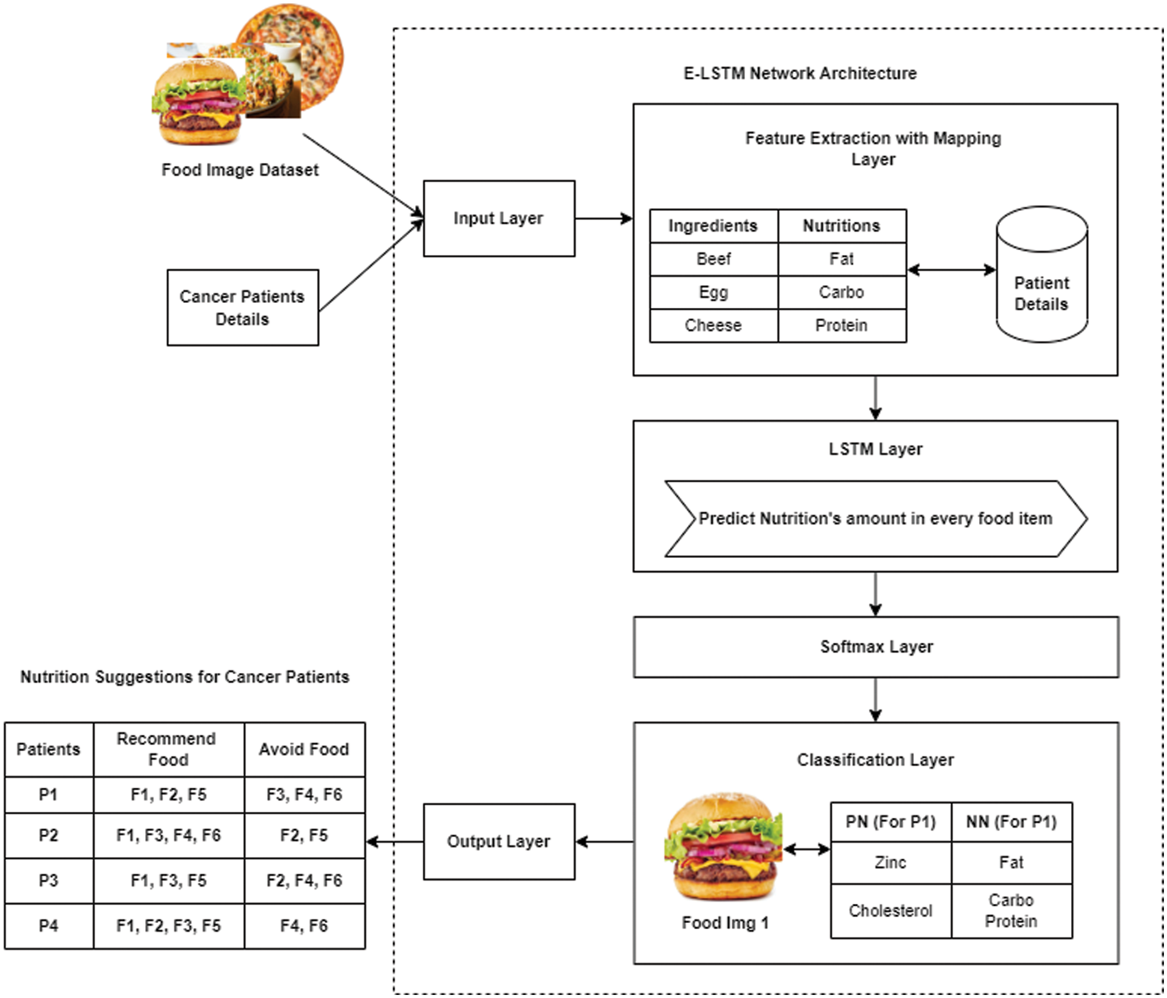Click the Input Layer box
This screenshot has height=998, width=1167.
[499, 219]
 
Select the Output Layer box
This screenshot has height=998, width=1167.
[499, 841]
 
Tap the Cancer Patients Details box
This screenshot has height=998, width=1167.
[243, 307]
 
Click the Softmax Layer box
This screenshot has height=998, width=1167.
[876, 647]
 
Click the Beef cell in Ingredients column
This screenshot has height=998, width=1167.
[714, 259]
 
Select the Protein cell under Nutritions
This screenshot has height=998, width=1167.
[841, 326]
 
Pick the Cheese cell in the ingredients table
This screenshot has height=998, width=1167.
[714, 326]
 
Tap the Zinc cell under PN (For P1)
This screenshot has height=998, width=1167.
[891, 863]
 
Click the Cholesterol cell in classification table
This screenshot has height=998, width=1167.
[891, 911]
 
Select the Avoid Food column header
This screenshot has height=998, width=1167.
[304, 749]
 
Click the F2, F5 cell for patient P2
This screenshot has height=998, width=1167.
[304, 835]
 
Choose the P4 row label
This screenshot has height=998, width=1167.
[49, 925]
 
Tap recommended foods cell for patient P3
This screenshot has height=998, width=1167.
[168, 881]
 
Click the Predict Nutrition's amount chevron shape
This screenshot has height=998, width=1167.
[876, 519]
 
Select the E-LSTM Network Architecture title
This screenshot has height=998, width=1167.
[800, 74]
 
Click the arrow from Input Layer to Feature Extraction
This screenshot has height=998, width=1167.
[603, 219]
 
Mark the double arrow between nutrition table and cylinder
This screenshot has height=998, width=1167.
[951, 270]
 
